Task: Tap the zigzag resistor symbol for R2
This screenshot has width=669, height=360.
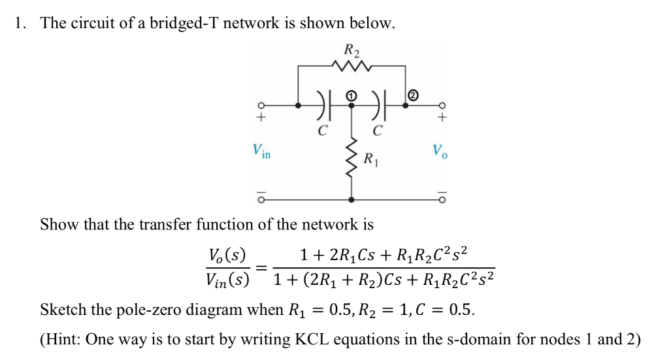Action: point(352,65)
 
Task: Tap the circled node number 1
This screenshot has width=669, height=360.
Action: point(352,96)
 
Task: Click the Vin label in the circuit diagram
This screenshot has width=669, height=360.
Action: point(261,153)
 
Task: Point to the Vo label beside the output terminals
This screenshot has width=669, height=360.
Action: point(440,153)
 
